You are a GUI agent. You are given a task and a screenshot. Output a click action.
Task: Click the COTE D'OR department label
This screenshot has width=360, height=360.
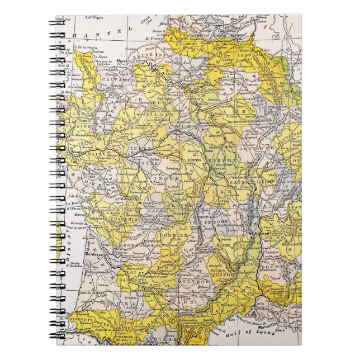(266, 146)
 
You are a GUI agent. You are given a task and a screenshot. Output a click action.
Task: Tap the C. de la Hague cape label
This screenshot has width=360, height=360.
(84, 47)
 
